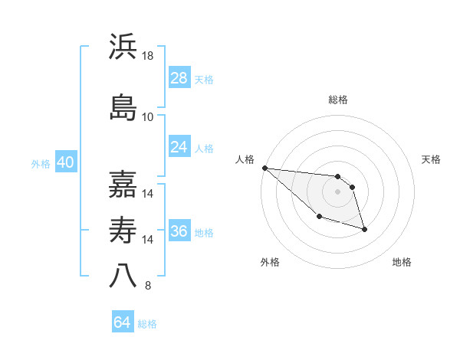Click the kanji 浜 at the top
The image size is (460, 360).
pyautogui.click(x=123, y=46)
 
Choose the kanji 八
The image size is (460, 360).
pyautogui.click(x=123, y=274)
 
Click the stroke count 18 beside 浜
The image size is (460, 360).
pyautogui.click(x=148, y=57)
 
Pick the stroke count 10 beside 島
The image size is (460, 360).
pyautogui.click(x=148, y=117)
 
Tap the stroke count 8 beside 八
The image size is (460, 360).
pyautogui.click(x=148, y=286)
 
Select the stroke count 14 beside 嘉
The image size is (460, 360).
pyautogui.click(x=148, y=194)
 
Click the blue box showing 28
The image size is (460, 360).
pyautogui.click(x=179, y=78)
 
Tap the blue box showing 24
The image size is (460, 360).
pyautogui.click(x=179, y=147)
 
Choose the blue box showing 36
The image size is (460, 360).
pyautogui.click(x=179, y=232)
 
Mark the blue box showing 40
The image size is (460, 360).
pyautogui.click(x=65, y=162)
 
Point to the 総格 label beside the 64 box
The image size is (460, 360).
pyautogui.click(x=147, y=323)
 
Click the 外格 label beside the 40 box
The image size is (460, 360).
pyautogui.click(x=41, y=163)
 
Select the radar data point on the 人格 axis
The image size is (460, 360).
pyautogui.click(x=264, y=168)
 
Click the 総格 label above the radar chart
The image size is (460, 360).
pyautogui.click(x=337, y=100)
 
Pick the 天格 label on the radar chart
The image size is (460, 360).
pyautogui.click(x=431, y=159)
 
